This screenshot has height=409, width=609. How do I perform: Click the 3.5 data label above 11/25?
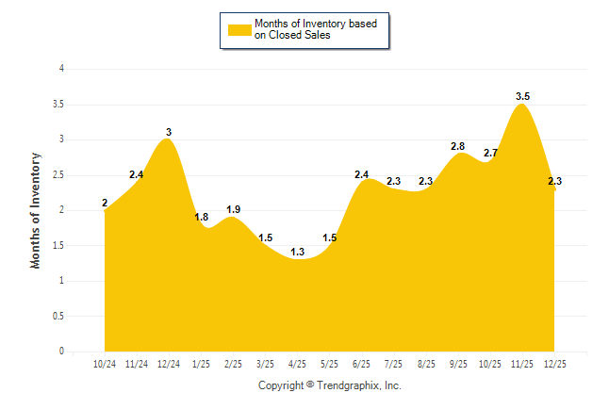522,96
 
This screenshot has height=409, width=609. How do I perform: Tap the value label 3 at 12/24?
168,132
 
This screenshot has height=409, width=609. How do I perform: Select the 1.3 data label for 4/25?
297,252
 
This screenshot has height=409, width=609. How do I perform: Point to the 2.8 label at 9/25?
458,146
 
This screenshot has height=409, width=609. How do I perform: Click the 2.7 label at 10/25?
490,153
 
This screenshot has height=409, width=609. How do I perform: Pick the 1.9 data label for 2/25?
233,209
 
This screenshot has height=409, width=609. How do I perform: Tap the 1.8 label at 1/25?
201,218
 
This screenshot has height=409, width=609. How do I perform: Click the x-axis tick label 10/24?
104,363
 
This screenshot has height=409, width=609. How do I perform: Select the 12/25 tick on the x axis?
554,363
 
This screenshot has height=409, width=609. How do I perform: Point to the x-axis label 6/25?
361,363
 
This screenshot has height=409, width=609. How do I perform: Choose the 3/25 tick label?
265,363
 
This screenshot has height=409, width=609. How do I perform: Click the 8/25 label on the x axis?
425,363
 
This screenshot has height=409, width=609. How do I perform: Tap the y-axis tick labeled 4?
61,69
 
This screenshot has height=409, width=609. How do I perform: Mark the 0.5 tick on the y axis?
58,316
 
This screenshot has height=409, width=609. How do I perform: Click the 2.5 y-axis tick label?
58,174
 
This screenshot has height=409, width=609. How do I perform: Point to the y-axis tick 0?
61,352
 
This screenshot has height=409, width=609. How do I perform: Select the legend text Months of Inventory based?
316,23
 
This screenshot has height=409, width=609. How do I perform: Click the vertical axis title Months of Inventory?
36,210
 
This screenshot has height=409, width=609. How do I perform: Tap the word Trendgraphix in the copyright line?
348,385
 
